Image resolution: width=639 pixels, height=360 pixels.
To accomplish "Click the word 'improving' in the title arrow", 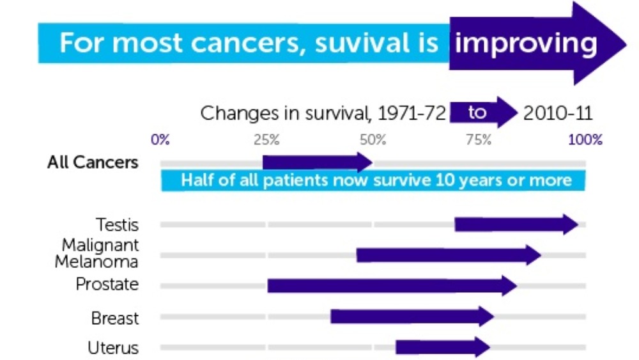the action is tap(526, 44).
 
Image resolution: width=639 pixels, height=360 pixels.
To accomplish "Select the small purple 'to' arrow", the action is tap(484, 112).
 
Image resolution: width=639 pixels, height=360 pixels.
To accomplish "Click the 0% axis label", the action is tap(160, 140).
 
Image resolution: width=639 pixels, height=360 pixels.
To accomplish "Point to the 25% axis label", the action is tap(266, 140).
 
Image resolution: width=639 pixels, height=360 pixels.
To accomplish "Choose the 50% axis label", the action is tap(373, 140).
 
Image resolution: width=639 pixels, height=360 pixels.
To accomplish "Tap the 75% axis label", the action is tap(479, 140).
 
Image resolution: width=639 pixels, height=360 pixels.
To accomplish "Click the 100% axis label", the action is tap(585, 140).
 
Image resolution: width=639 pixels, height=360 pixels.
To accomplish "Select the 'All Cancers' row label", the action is tap(93, 162).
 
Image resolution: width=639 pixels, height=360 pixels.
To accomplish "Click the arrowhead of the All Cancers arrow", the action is tap(365, 162).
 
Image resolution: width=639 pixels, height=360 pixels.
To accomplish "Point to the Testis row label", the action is tap(117, 224).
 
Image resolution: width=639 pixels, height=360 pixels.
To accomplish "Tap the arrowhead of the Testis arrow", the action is tap(571, 224).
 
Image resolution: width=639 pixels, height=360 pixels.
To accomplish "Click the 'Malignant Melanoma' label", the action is tap(96, 253).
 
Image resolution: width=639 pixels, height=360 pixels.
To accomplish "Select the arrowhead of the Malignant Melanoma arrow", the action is tap(534, 255).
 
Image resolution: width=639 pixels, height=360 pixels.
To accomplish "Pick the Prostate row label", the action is tap(107, 284).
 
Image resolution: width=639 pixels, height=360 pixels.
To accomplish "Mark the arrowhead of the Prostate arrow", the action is tap(510, 285).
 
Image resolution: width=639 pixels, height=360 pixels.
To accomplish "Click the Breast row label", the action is tap(115, 318).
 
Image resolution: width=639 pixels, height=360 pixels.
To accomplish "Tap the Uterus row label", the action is tap(113, 348).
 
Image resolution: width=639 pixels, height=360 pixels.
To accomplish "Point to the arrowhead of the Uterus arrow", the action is tap(483, 347).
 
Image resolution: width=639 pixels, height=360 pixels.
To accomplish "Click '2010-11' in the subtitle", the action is tap(558, 113).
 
